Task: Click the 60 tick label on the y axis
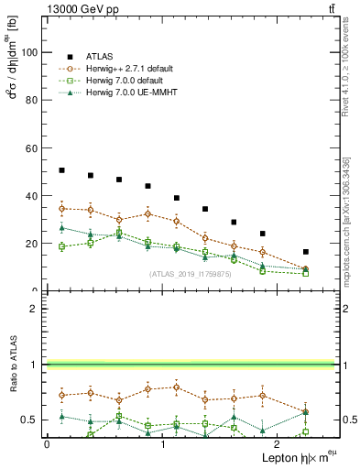[x=31, y=147]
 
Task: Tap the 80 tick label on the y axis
[x=31, y=100]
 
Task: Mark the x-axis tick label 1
[x=162, y=444]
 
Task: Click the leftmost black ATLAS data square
[x=61, y=170]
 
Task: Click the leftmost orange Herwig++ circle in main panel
[x=61, y=208]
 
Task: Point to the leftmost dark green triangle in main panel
[x=61, y=227]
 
